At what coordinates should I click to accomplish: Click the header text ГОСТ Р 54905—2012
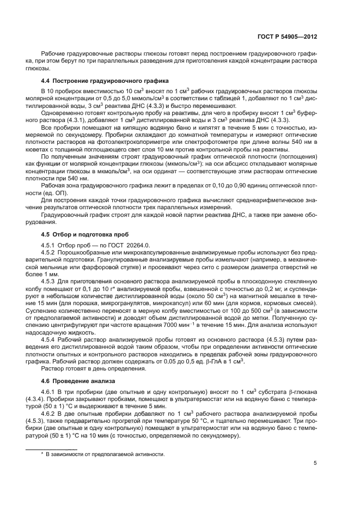click(288, 37)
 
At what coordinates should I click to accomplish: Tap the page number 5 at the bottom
click(315, 463)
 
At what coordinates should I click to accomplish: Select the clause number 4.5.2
click(50, 253)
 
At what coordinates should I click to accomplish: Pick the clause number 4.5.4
click(50, 330)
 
